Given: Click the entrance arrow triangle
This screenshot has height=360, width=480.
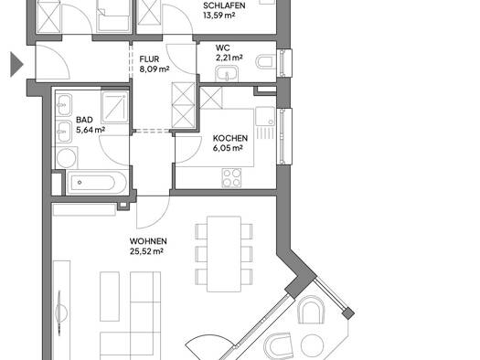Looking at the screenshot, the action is click(x=16, y=64).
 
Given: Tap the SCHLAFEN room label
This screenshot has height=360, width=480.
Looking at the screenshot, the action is click(x=224, y=5).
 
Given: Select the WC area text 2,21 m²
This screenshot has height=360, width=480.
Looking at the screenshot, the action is click(x=229, y=58).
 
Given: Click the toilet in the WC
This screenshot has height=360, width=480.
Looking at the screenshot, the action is click(x=265, y=61).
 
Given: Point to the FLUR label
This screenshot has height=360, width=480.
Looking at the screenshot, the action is click(x=149, y=59).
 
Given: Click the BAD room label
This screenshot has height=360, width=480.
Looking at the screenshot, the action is click(x=84, y=120).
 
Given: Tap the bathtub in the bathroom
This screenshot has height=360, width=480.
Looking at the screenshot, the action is click(x=96, y=183).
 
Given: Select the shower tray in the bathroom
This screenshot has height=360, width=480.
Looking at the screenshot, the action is click(x=115, y=107).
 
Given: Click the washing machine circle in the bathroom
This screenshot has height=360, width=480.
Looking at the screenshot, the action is click(x=67, y=158).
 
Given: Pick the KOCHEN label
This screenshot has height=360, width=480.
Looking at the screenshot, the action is click(x=230, y=138).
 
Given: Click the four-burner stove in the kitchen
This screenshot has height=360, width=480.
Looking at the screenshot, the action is click(x=231, y=178).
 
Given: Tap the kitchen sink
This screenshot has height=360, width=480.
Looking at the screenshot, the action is click(x=265, y=116).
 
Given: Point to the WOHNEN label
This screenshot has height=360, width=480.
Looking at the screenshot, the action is click(x=148, y=241).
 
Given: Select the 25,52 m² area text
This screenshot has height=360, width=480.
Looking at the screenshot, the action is click(x=146, y=251).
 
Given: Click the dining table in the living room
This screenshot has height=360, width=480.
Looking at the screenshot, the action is click(x=224, y=254).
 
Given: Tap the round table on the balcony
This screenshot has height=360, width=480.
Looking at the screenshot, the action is click(x=312, y=345).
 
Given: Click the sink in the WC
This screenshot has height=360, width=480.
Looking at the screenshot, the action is click(x=227, y=74).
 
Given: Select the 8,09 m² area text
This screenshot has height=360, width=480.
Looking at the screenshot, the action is click(x=155, y=69).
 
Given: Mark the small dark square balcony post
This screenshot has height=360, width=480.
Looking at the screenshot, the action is click(x=348, y=313).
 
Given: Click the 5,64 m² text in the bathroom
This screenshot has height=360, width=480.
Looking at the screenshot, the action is click(x=91, y=130).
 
